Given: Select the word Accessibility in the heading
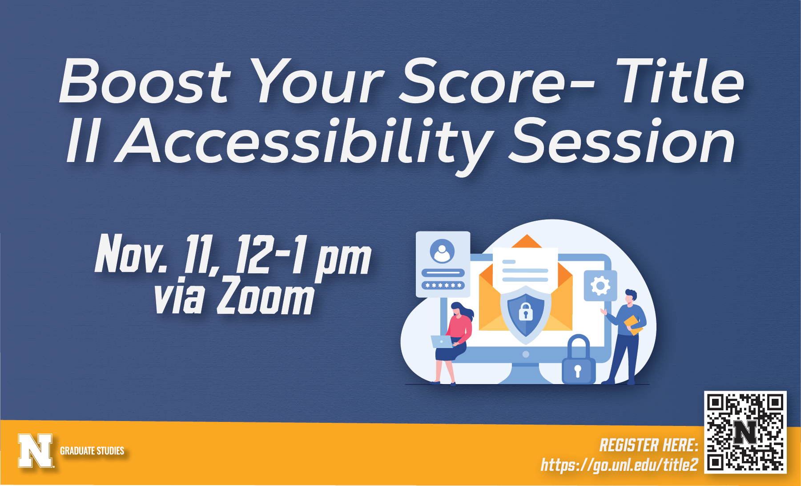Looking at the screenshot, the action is coord(305,142).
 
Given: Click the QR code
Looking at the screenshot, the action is coord(745,432).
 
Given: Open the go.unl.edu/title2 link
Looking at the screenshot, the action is coord(619,465).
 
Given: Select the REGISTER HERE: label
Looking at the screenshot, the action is coord(649,445).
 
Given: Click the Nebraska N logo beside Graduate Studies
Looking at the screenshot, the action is coord(36,450).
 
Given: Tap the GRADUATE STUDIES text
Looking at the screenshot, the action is coord(92,451).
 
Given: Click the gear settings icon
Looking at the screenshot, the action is coord(600,285).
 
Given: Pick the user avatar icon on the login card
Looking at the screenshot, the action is coord(442,251).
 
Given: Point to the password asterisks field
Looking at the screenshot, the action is coord(443,285).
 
